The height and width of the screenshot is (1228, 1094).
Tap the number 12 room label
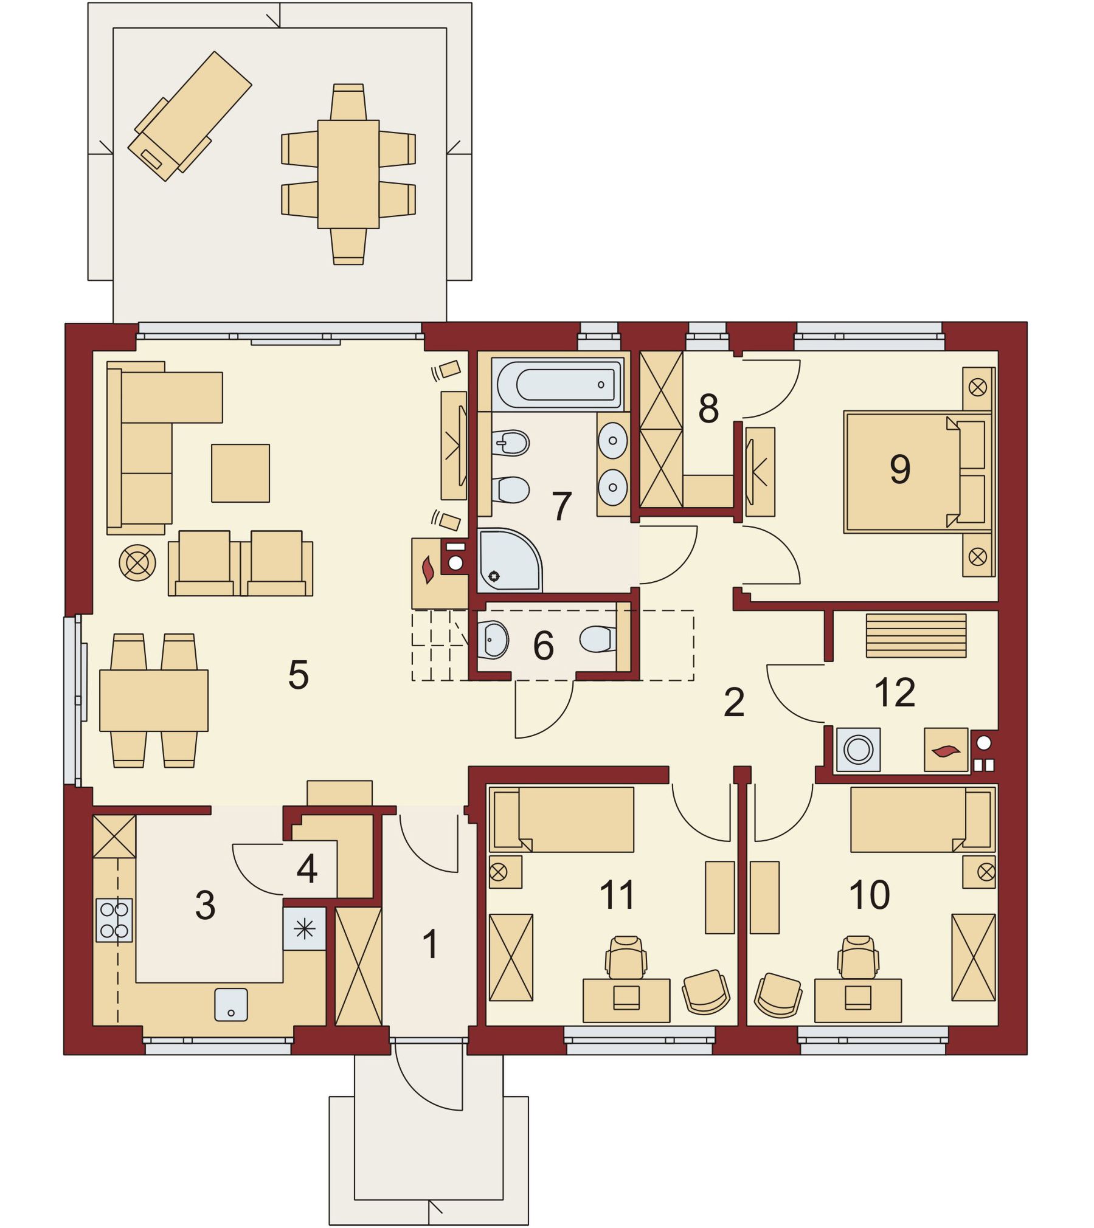(895, 692)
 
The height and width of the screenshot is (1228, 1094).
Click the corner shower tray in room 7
(509, 560)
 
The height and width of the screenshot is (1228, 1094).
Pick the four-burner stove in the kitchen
(114, 920)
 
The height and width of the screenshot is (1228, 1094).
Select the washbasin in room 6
(492, 640)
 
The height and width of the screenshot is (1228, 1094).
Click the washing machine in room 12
(858, 750)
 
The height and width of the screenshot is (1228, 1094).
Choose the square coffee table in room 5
(240, 473)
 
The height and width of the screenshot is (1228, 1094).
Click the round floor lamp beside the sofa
(137, 562)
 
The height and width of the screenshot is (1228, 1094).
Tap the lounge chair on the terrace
(189, 116)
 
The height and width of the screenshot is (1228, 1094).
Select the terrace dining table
(348, 174)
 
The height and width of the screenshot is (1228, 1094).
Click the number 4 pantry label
(307, 869)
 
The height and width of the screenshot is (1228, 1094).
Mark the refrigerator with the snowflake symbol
(305, 928)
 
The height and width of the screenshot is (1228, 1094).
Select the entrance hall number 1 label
(431, 944)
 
